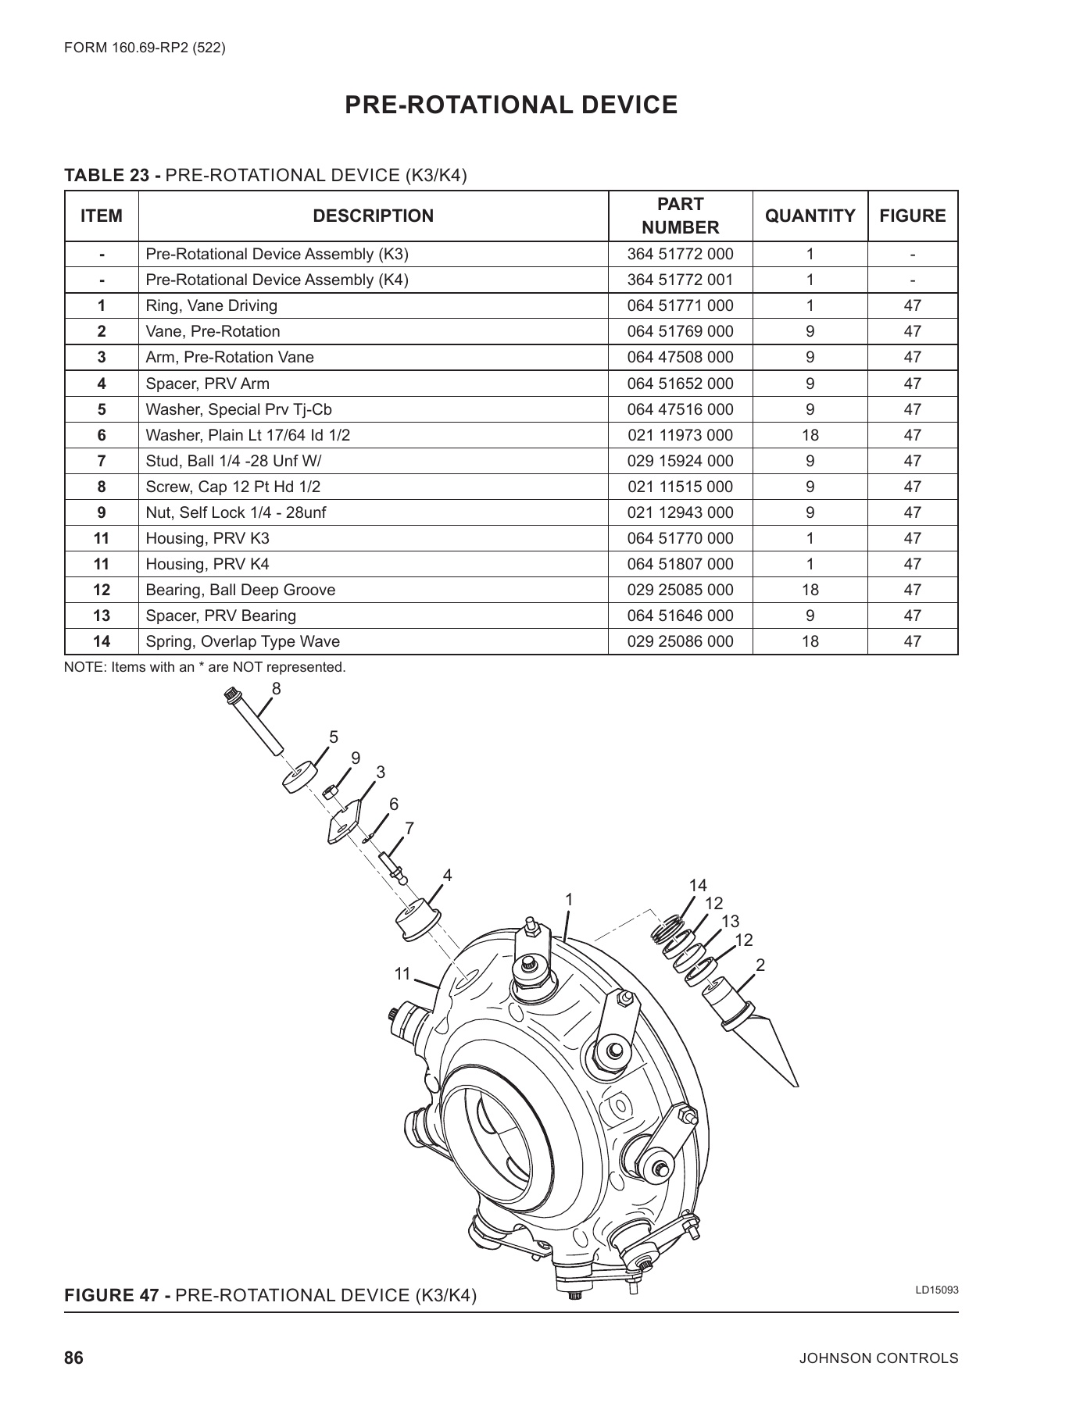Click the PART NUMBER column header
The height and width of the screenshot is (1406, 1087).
coord(680,216)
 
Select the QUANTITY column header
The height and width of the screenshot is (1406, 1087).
coord(810,216)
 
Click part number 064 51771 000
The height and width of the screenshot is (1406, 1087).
coord(680,305)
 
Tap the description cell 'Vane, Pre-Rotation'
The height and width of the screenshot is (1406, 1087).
coord(213,331)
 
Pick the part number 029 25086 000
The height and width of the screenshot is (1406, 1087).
coord(680,641)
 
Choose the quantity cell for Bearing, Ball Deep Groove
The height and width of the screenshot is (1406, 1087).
coord(810,590)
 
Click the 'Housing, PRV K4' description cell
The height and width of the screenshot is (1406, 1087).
coord(207,564)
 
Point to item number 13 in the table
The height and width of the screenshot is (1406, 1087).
coord(102,616)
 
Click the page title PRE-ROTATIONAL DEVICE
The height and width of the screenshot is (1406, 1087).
coord(511,105)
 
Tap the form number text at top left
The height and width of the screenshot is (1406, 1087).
coord(145,48)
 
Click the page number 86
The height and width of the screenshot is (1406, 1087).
coord(73,1358)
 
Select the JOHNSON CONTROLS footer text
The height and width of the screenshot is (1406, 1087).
coord(878,1358)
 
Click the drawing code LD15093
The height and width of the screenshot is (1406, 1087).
coord(936,1290)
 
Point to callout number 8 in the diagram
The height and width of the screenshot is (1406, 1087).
coord(276,688)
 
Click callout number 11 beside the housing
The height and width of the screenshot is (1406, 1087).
coord(402,974)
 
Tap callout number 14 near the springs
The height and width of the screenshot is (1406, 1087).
coord(697,885)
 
